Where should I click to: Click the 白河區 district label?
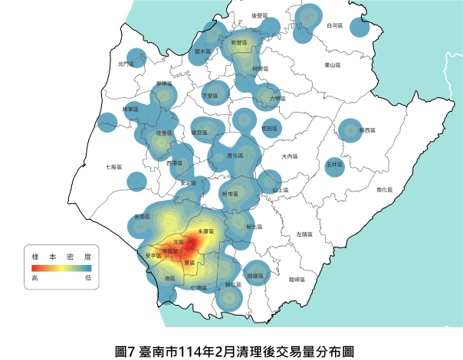(x=333, y=25)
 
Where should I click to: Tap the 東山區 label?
(x=333, y=65)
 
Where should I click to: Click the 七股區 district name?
(x=113, y=166)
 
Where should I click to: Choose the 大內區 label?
(x=288, y=157)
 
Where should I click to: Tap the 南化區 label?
(x=383, y=189)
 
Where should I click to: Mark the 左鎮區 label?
(x=304, y=234)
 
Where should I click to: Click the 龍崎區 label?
(x=297, y=280)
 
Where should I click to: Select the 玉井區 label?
(x=333, y=164)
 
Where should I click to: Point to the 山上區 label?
(x=280, y=189)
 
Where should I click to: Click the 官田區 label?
(x=271, y=129)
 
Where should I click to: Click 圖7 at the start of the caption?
(x=125, y=352)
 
